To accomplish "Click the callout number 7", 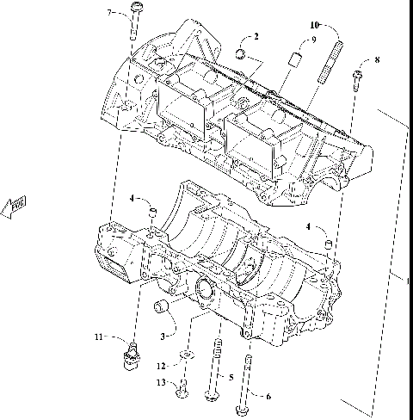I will [x=109, y=12].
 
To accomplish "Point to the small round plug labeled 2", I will [x=242, y=56].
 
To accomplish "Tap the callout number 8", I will [x=375, y=59].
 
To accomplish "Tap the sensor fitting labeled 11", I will [x=131, y=355].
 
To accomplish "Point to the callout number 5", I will [x=230, y=377].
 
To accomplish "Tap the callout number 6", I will [x=267, y=396].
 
